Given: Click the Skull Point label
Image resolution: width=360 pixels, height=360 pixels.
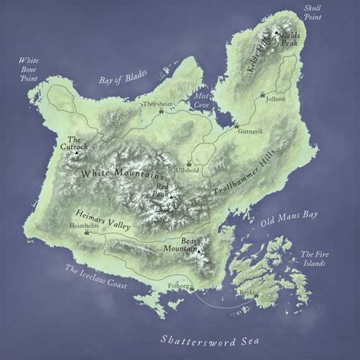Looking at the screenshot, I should point(313,11).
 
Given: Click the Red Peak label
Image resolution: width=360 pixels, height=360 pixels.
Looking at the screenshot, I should point(165,188).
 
